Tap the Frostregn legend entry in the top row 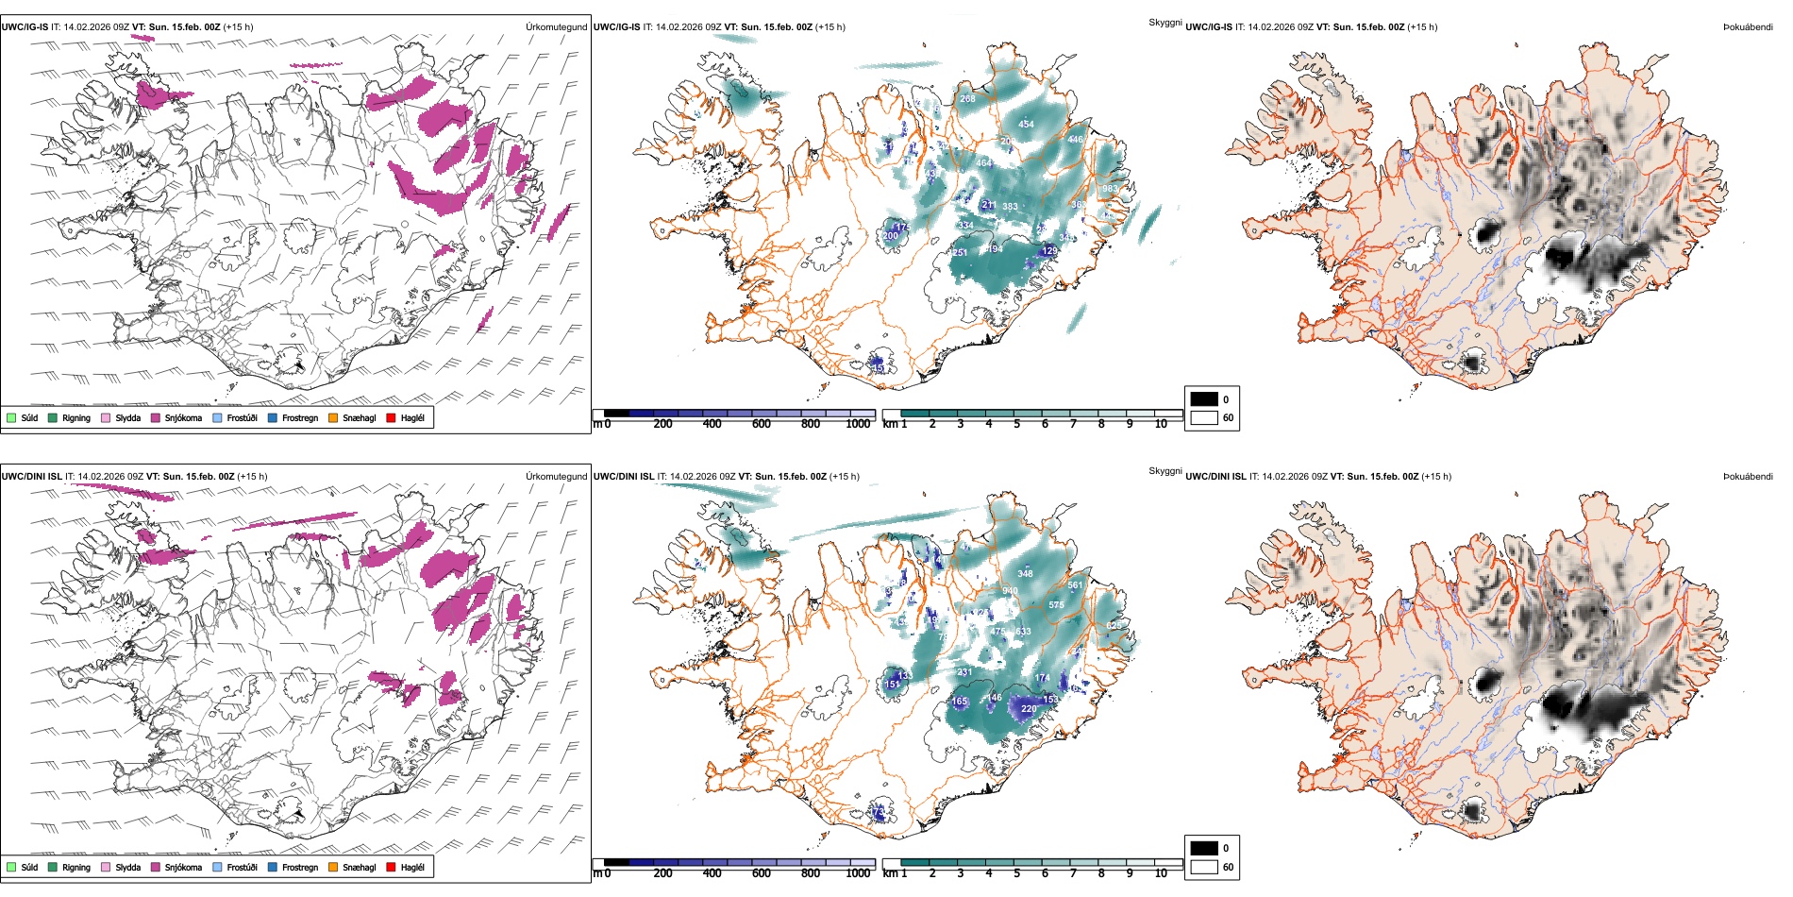click(299, 417)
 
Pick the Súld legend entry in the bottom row click(29, 867)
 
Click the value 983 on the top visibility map click(1110, 189)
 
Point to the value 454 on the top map click(1026, 124)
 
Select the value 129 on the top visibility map click(1049, 251)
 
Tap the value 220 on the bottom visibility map click(1029, 708)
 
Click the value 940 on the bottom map click(1010, 591)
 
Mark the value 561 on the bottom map click(1075, 585)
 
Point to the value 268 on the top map click(967, 98)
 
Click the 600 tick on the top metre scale click(761, 424)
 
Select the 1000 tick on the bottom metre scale click(858, 873)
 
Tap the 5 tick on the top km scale click(1016, 424)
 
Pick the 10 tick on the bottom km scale click(1161, 873)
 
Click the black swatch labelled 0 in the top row click(1204, 399)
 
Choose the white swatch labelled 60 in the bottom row click(1204, 867)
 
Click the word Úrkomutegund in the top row click(556, 26)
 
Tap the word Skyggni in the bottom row click(1165, 470)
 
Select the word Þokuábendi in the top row click(1748, 26)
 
